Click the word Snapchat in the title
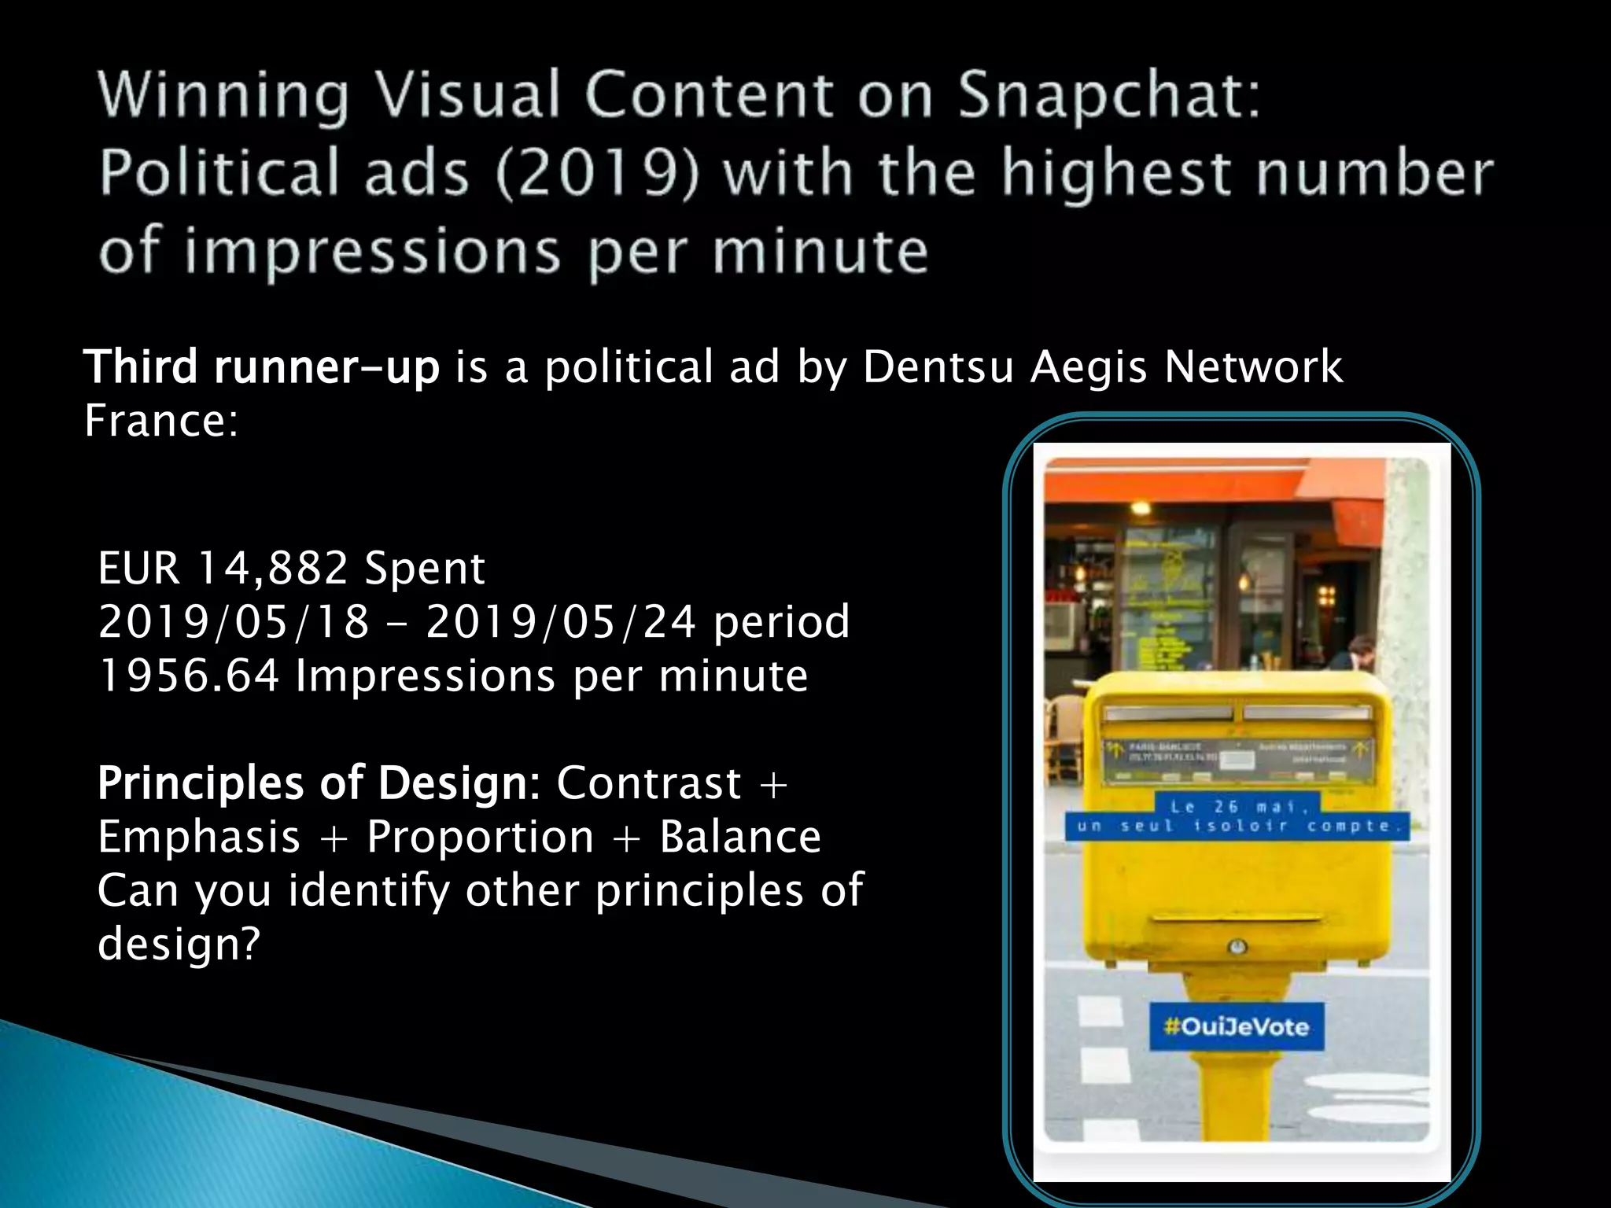point(1109,95)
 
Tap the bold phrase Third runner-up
point(261,367)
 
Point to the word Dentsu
point(938,367)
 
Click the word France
point(160,421)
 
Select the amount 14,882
point(271,568)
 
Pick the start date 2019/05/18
point(234,622)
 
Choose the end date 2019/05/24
point(561,622)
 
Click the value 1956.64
point(189,676)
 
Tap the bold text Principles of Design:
point(319,783)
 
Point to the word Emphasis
point(199,837)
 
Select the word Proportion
point(480,837)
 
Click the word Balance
point(740,837)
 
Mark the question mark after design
point(251,944)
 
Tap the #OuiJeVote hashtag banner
point(1237,1026)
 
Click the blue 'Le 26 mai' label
point(1237,806)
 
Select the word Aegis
point(1089,367)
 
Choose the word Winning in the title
point(223,95)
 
